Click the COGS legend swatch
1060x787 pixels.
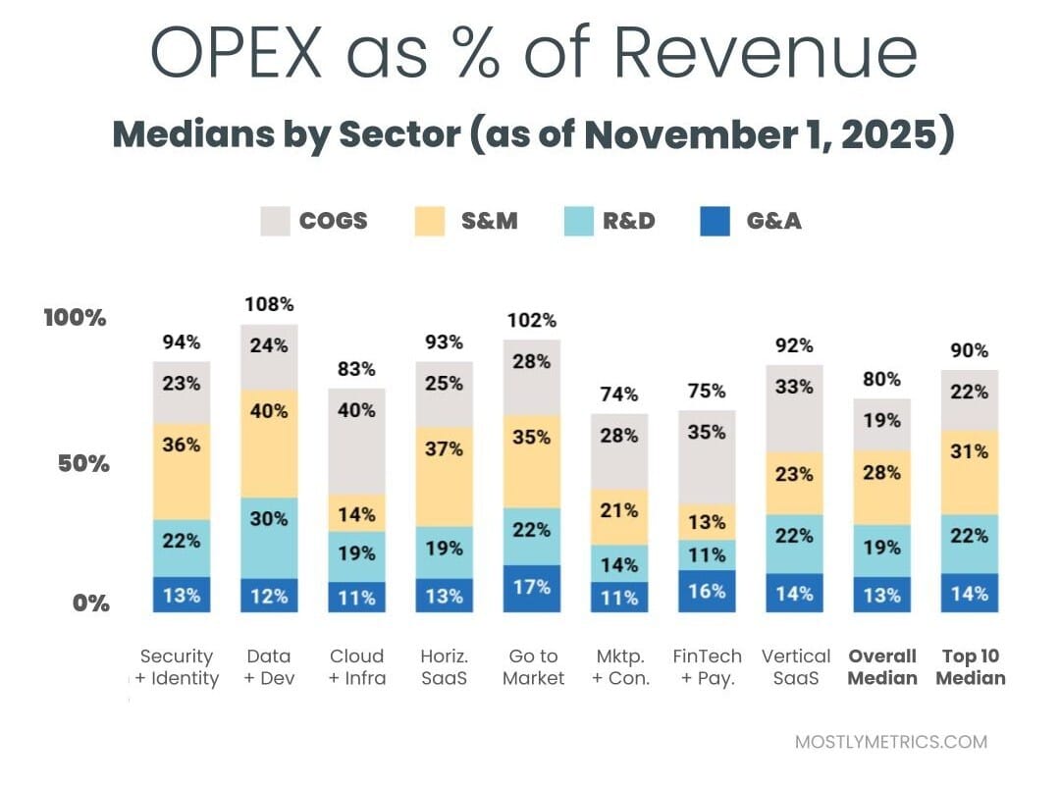[x=276, y=221]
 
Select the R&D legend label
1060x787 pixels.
[x=629, y=221]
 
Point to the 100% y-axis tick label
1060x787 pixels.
[x=75, y=318]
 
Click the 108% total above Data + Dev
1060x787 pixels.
[x=269, y=304]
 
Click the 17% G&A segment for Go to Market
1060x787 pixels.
[x=532, y=588]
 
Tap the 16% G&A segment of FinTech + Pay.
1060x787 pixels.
[x=707, y=591]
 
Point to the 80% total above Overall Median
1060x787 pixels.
[x=881, y=380]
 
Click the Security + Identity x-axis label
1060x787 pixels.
[x=178, y=667]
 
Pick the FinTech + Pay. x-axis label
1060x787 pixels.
[x=707, y=667]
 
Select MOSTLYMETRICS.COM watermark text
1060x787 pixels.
[x=890, y=742]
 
